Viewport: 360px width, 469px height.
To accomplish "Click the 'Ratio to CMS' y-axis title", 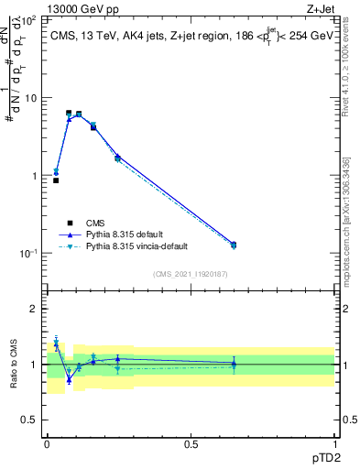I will click(x=16, y=365).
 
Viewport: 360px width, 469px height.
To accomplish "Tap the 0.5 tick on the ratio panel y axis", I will click(x=31, y=420).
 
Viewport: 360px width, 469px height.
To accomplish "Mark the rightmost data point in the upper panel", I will click(x=233, y=245).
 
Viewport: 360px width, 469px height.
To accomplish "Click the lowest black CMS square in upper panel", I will click(x=56, y=180).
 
